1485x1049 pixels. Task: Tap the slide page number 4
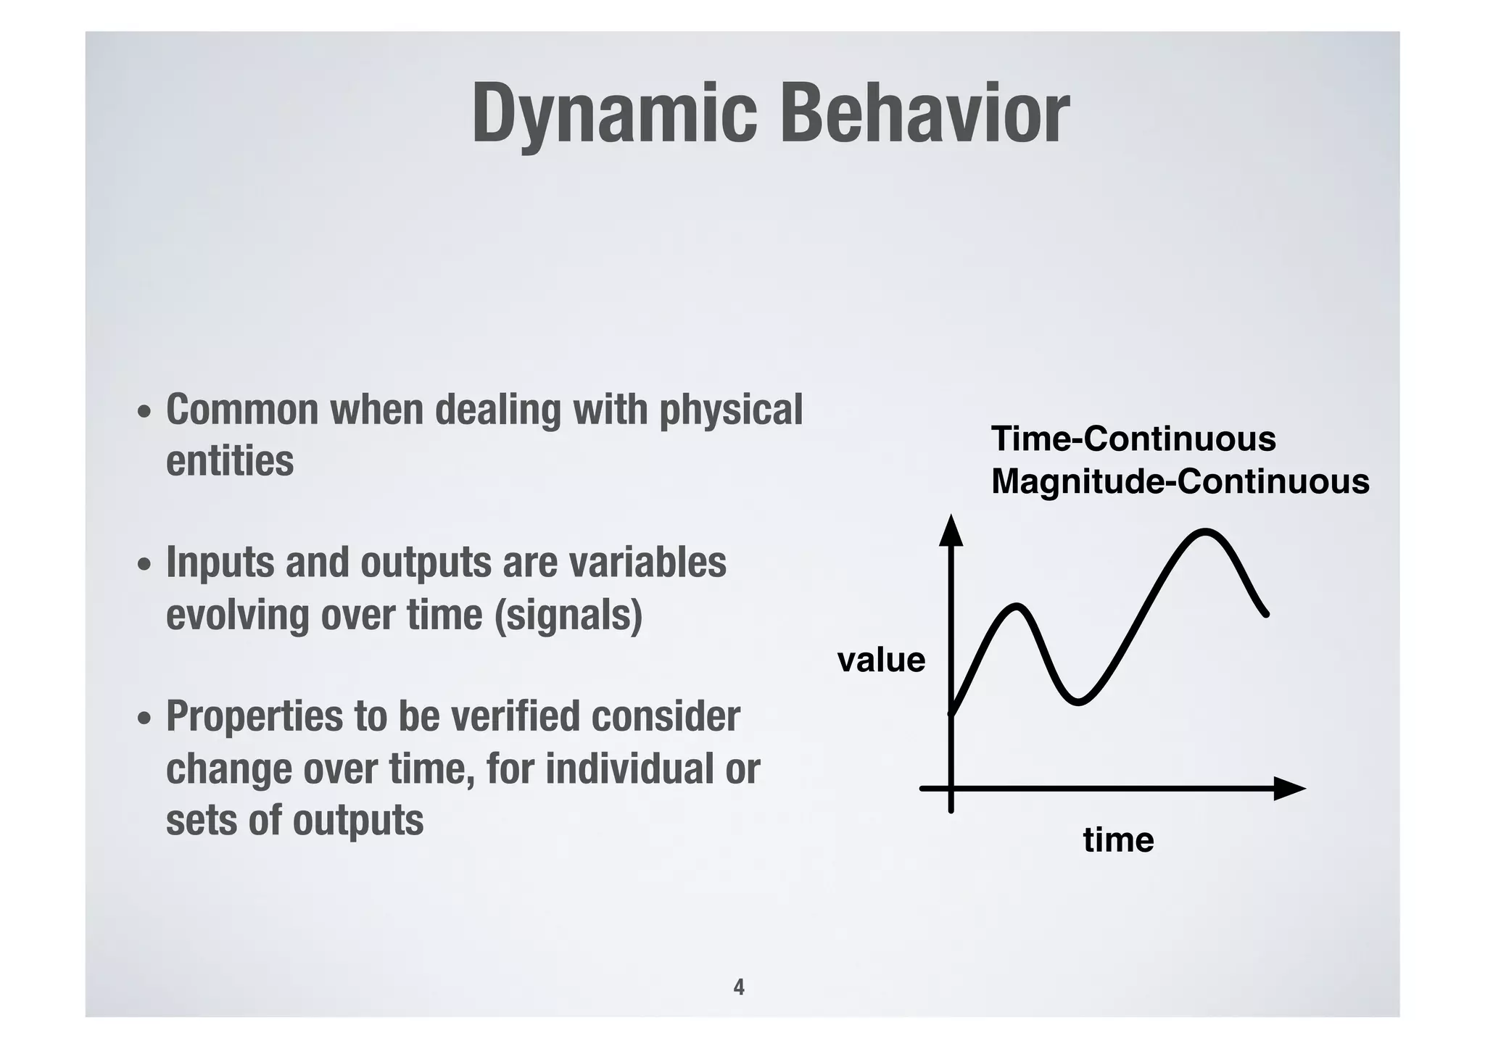coord(739,987)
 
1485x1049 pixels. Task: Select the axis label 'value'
coord(881,660)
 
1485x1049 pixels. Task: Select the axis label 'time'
coord(1118,840)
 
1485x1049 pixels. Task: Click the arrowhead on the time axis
coord(1289,788)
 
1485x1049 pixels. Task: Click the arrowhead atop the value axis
coord(951,531)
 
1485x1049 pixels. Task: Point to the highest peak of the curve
coord(1205,532)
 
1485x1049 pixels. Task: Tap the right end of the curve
coord(1265,613)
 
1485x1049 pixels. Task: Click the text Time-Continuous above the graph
coord(1133,439)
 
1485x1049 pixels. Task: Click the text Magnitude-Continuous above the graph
coord(1180,481)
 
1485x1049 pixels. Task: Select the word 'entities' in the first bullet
coord(230,461)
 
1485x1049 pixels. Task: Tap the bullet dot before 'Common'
coord(145,412)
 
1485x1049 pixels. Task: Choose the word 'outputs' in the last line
coord(358,821)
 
